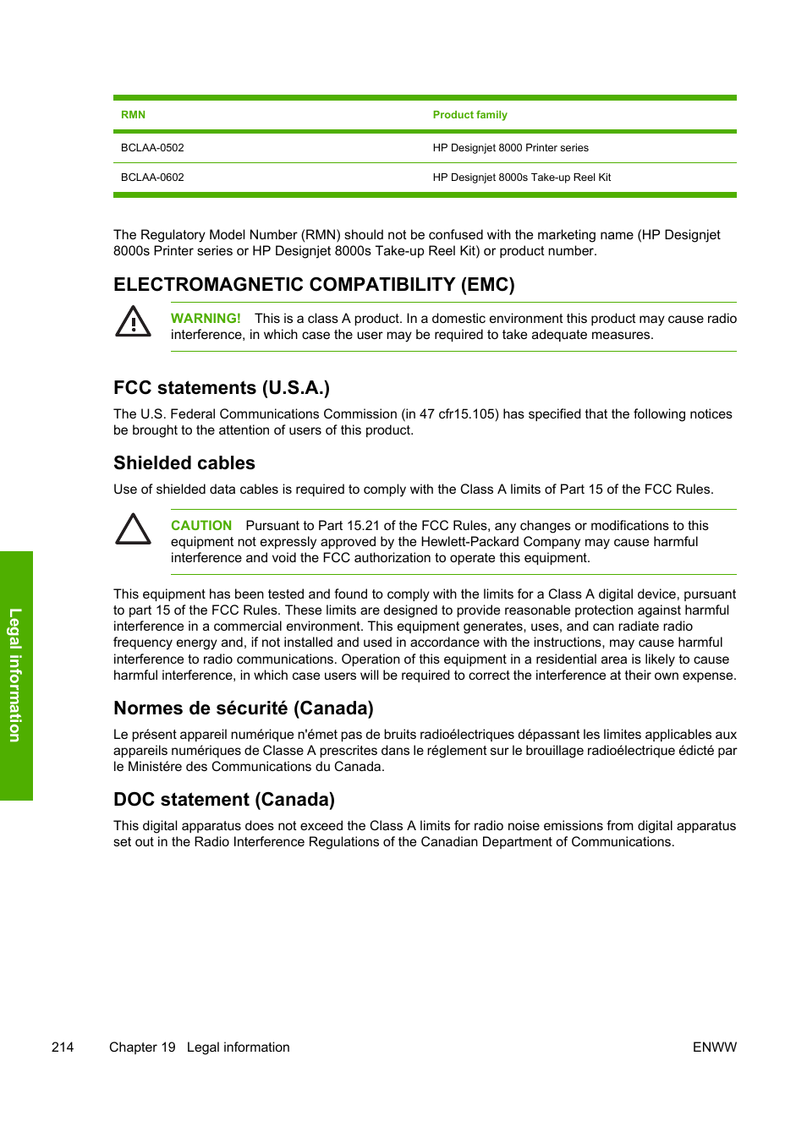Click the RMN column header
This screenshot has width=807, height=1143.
[133, 115]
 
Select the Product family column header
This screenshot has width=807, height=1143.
[469, 115]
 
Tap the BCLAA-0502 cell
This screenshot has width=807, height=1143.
[152, 148]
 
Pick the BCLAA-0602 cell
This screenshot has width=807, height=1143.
[152, 178]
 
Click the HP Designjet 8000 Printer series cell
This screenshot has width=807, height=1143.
[510, 148]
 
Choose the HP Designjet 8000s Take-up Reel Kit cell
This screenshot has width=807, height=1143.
[521, 178]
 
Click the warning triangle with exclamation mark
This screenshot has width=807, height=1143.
[133, 322]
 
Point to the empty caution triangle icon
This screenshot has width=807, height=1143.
[133, 529]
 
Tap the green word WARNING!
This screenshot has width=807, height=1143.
[206, 319]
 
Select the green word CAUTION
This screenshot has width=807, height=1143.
[201, 526]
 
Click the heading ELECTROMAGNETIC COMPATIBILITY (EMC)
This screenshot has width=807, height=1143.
[314, 284]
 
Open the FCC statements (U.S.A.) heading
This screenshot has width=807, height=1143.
[222, 388]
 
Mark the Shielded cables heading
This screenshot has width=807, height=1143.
[184, 463]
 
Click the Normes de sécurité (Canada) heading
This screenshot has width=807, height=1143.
[244, 708]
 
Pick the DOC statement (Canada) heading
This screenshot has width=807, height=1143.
[224, 800]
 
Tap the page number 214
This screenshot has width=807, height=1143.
[63, 1047]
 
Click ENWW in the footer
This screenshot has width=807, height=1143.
[714, 1047]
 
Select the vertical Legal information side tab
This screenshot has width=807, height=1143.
[15, 675]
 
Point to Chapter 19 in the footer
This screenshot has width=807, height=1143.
[142, 1047]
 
